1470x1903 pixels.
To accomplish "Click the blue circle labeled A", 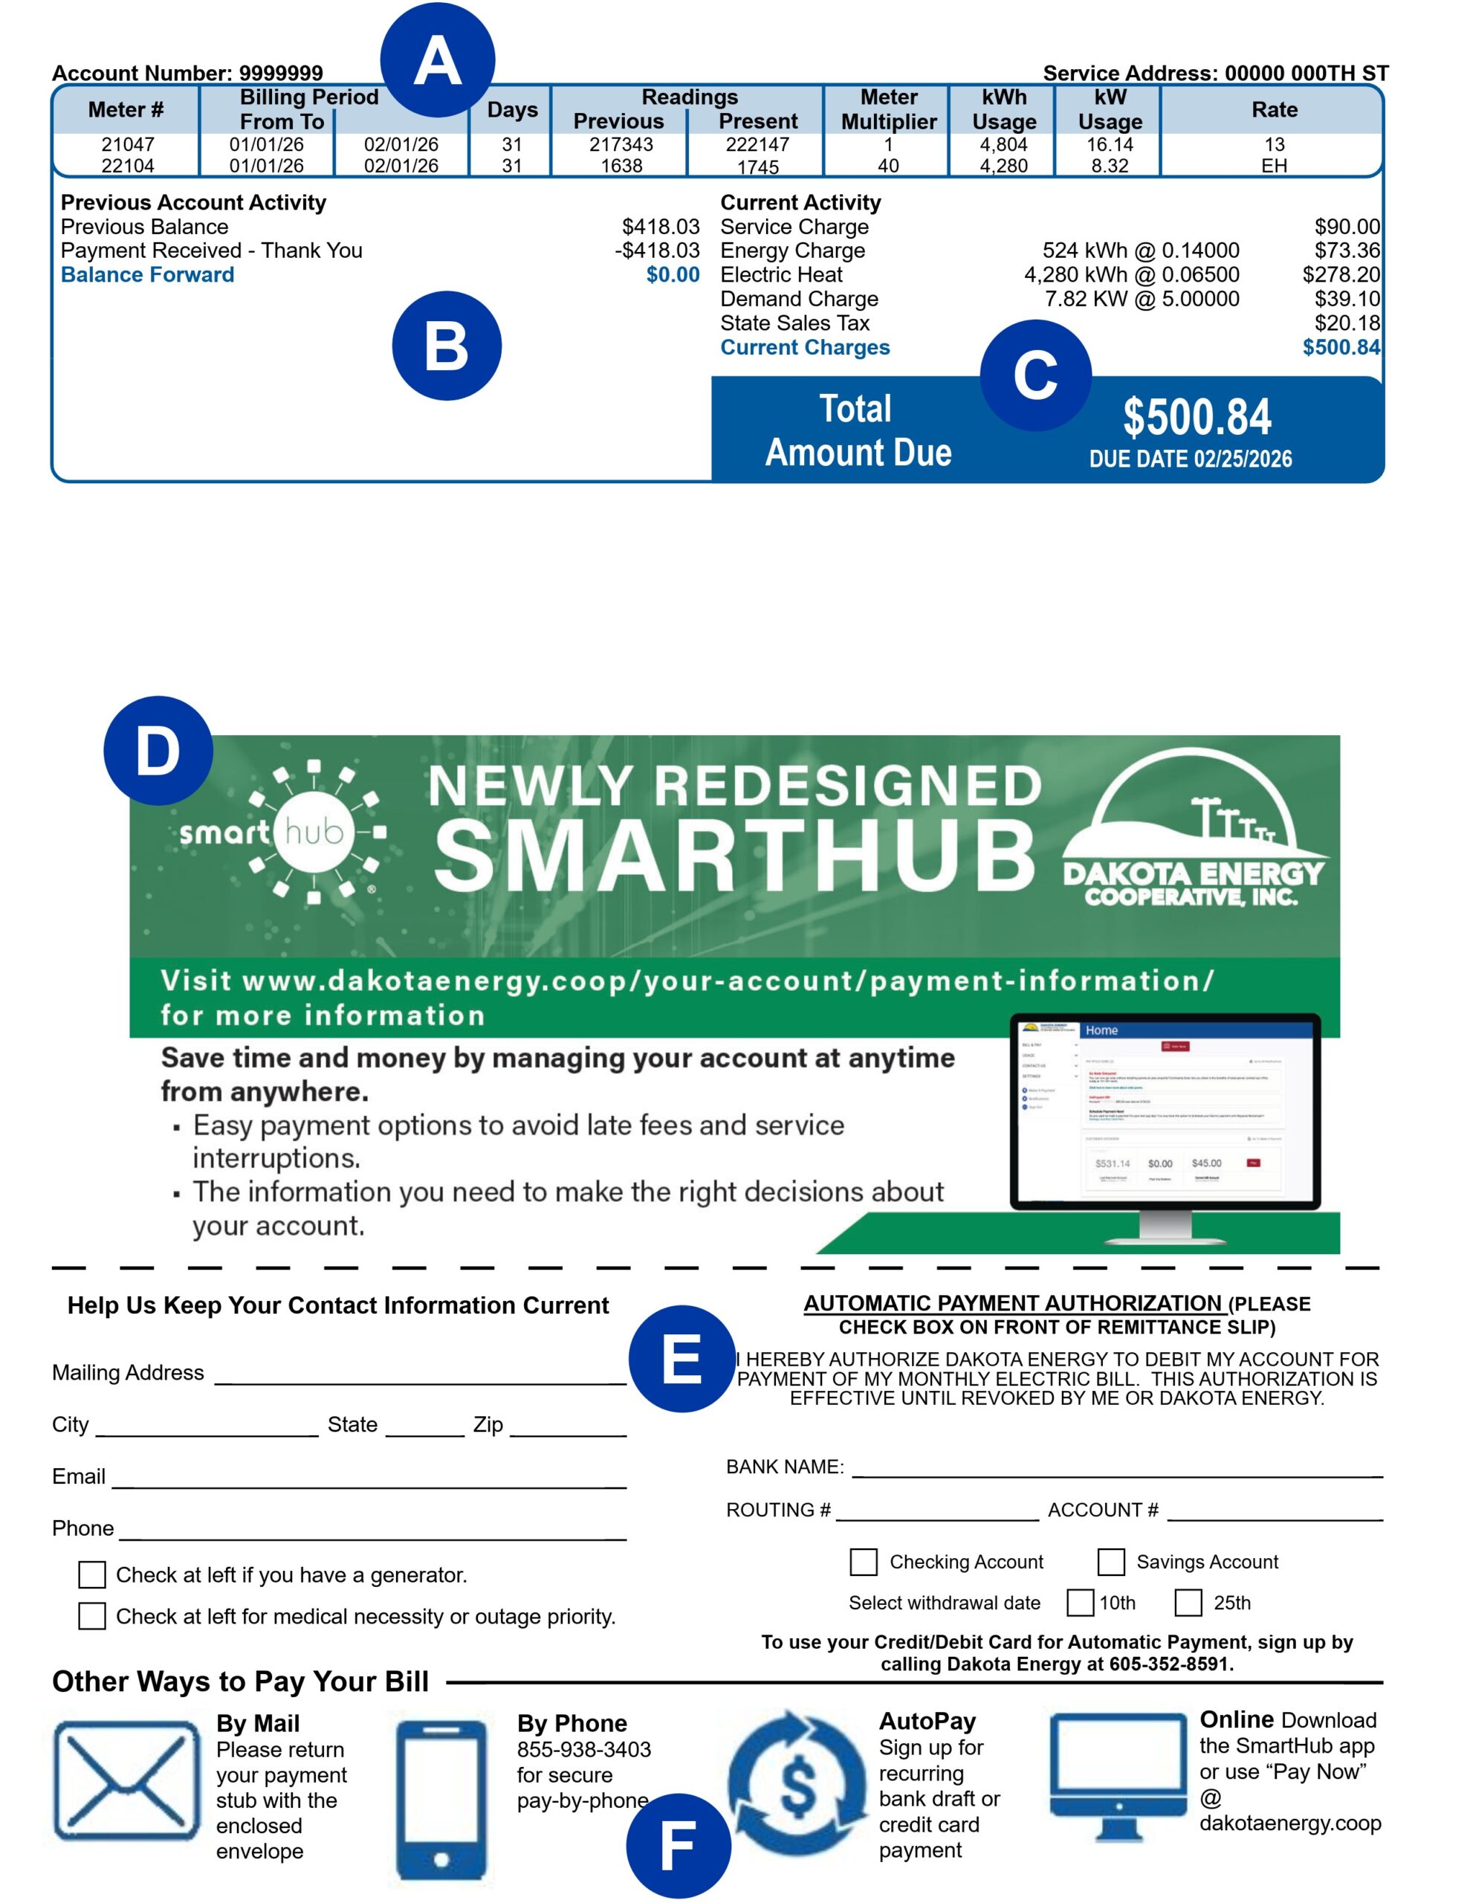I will pos(438,60).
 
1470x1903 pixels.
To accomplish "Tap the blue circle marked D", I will pos(158,750).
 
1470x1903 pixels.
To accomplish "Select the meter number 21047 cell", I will pos(127,145).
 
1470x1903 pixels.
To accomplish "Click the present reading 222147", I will pos(757,145).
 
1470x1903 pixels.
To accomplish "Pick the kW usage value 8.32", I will pos(1110,166).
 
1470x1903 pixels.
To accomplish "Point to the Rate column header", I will pos(1274,110).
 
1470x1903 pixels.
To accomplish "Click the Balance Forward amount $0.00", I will pos(673,275).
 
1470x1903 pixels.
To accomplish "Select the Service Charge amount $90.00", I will pos(1347,227).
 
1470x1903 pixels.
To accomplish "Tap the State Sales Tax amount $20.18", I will pos(1347,323).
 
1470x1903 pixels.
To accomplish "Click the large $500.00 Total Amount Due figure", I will pos(1197,417).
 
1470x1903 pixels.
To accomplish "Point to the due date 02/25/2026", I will pos(1191,459).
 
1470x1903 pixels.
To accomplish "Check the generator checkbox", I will pos(92,1574).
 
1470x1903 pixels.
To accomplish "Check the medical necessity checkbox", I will pos(92,1616).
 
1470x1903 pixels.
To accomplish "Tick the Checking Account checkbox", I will pos(864,1562).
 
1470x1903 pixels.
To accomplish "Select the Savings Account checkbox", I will pos(1111,1562).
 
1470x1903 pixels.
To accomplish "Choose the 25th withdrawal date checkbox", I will pos(1188,1603).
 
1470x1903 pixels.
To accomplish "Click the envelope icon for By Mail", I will pos(127,1780).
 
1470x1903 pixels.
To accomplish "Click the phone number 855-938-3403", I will pos(584,1750).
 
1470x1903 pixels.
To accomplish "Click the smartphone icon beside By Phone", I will pos(441,1800).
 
